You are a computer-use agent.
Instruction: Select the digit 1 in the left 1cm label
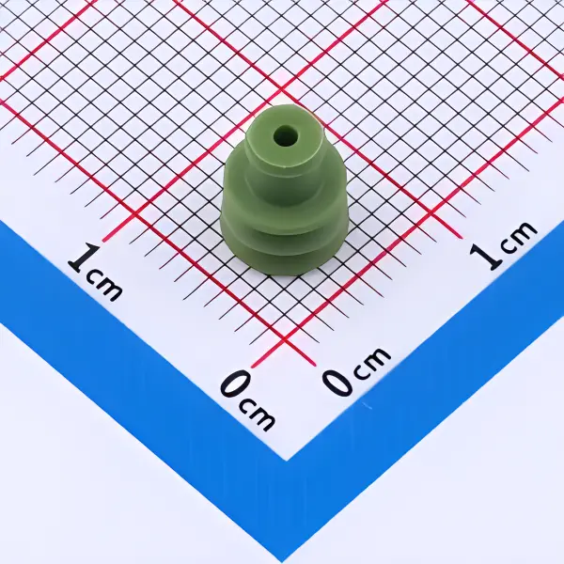click(x=85, y=258)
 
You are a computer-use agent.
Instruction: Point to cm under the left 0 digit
click(x=257, y=414)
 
